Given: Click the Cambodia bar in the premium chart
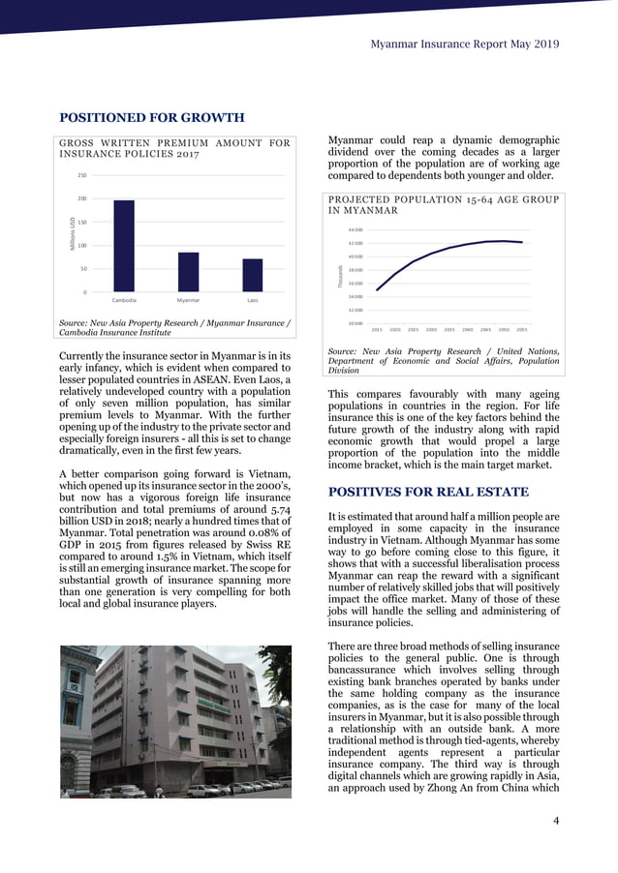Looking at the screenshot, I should pyautogui.click(x=124, y=246).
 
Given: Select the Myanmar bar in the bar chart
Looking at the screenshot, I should pyautogui.click(x=188, y=272).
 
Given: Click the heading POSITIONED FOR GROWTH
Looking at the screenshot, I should pyautogui.click(x=152, y=118).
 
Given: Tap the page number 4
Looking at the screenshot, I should pyautogui.click(x=555, y=822).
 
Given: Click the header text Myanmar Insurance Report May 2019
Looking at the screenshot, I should pyautogui.click(x=465, y=44).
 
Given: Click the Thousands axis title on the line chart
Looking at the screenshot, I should pyautogui.click(x=340, y=277).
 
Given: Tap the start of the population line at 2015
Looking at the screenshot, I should pyautogui.click(x=377, y=289).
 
